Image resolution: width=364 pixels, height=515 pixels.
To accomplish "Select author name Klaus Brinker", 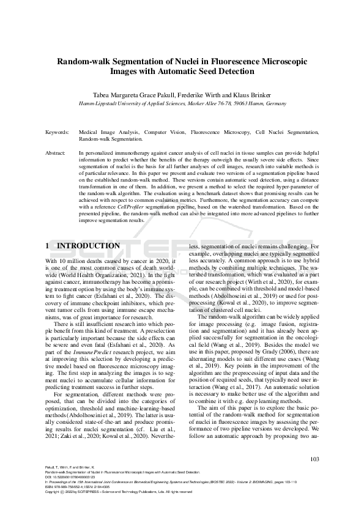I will click(x=253, y=95).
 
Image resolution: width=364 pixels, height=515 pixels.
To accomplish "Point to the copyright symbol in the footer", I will click(x=63, y=491).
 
